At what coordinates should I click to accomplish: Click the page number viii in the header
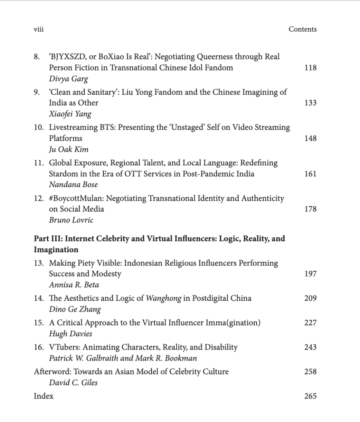pyautogui.click(x=39, y=29)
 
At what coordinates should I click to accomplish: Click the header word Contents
pyautogui.click(x=302, y=29)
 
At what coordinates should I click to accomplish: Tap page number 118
pyautogui.click(x=310, y=68)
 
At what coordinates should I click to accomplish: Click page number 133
pyautogui.click(x=310, y=103)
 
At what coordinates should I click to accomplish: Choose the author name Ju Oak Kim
pyautogui.click(x=69, y=150)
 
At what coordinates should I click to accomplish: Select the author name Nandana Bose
pyautogui.click(x=73, y=185)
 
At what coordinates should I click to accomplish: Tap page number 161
pyautogui.click(x=310, y=174)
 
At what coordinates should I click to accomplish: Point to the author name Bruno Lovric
pyautogui.click(x=71, y=220)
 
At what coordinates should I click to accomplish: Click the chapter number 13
pyautogui.click(x=40, y=263)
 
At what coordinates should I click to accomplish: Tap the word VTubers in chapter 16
pyautogui.click(x=64, y=347)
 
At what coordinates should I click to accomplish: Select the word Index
pyautogui.click(x=44, y=396)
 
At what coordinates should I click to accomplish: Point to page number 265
pyautogui.click(x=310, y=396)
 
